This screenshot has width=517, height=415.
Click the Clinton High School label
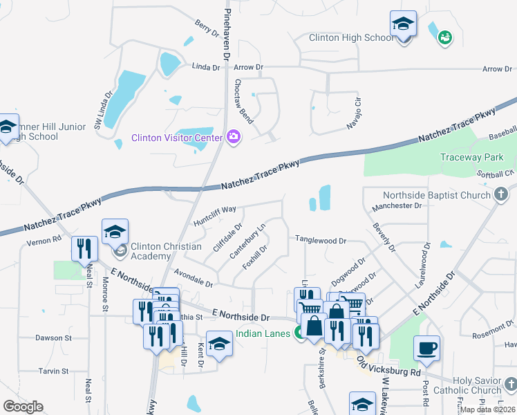pyautogui.click(x=350, y=38)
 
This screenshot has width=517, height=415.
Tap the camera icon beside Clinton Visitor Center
pyautogui.click(x=234, y=137)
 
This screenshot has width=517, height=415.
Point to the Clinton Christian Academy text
pyautogui.click(x=166, y=251)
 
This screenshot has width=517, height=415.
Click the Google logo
pyautogui.click(x=22, y=407)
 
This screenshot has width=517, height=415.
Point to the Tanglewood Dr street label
pyautogui.click(x=321, y=240)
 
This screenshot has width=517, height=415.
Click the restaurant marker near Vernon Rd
pyautogui.click(x=84, y=249)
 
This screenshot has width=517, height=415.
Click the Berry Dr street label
pyautogui.click(x=207, y=29)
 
